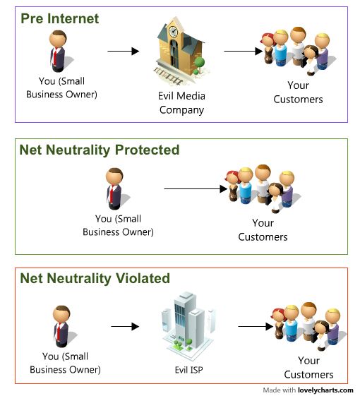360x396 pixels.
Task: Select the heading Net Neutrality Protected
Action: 99,150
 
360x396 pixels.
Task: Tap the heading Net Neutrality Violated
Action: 95,278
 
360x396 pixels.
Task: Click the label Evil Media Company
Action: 181,103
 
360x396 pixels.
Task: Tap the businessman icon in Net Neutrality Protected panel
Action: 114,187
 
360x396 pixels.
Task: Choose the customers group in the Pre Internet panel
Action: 297,50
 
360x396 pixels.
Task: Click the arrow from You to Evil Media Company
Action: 123,51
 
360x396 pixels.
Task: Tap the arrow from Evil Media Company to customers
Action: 243,51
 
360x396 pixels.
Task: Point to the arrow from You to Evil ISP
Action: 126,326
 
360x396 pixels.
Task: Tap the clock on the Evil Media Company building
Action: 173,32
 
